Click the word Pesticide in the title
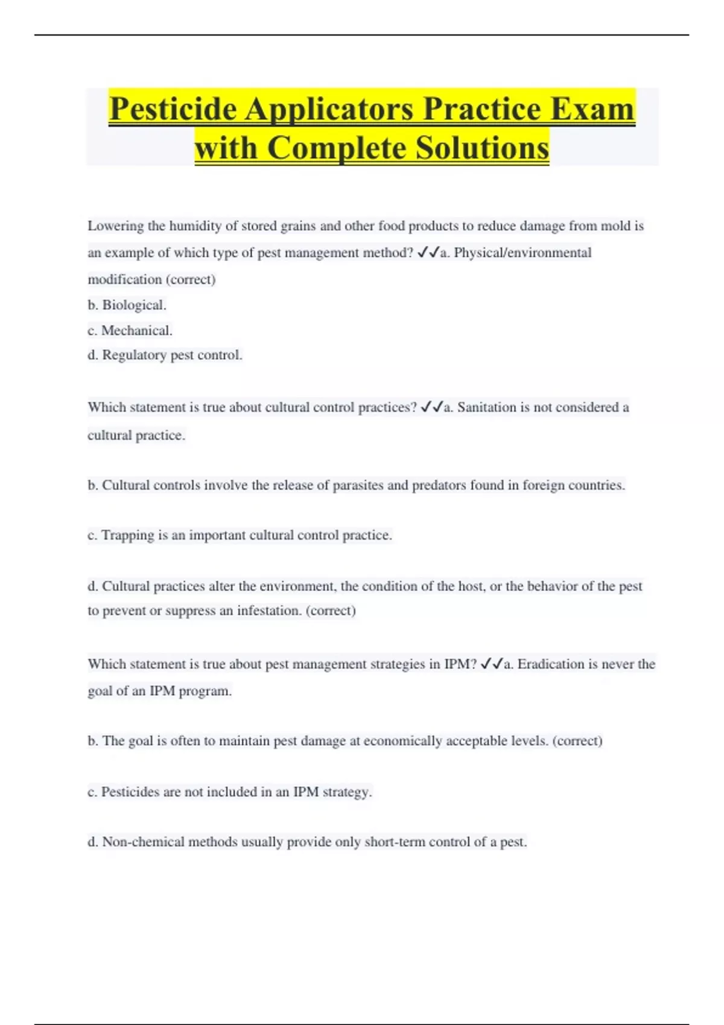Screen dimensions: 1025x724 point(173,109)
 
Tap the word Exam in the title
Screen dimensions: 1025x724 point(592,109)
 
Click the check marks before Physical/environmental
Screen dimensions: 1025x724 point(428,253)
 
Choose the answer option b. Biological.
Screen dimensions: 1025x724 point(127,305)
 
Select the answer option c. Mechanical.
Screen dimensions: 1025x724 point(130,330)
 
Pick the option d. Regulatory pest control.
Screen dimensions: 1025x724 point(165,355)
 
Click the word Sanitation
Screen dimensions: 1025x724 point(486,408)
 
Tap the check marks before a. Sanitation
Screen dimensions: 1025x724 point(431,408)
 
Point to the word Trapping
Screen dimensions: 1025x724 point(128,535)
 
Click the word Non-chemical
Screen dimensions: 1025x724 point(143,842)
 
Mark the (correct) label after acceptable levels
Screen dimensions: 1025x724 point(577,741)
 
